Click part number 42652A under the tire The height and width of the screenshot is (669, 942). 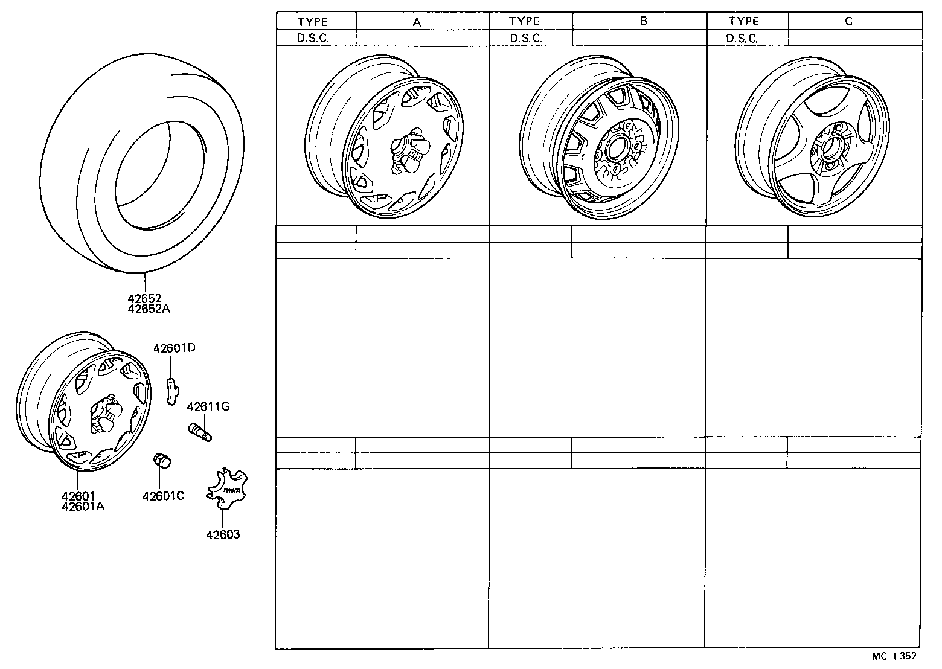click(x=149, y=309)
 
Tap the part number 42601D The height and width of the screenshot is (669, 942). click(x=174, y=348)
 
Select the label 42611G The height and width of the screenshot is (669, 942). click(x=208, y=406)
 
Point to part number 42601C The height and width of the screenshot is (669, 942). click(x=163, y=496)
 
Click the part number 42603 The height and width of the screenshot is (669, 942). click(x=223, y=534)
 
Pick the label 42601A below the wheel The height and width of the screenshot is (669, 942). click(x=83, y=507)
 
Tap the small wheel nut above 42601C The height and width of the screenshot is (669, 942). click(x=162, y=460)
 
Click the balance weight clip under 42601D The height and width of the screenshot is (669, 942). click(x=172, y=391)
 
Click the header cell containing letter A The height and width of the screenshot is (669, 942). click(x=417, y=21)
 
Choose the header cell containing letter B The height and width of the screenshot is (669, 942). click(x=644, y=21)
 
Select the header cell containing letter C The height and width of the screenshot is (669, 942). click(x=848, y=21)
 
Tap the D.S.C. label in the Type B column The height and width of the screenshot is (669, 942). click(x=525, y=38)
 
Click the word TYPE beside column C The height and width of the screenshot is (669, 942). click(x=743, y=21)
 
